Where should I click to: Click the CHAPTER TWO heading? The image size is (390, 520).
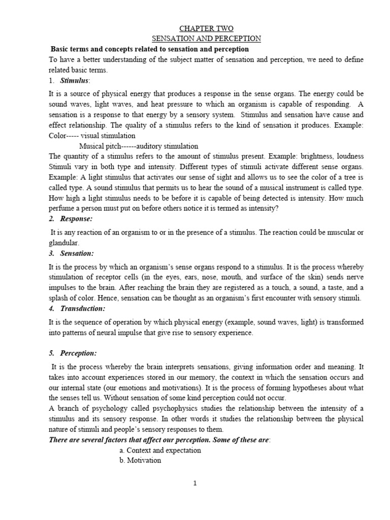[207, 28]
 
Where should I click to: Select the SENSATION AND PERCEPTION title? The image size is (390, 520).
[207, 39]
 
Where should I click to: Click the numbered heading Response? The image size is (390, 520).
[77, 218]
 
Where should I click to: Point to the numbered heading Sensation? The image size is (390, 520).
[77, 253]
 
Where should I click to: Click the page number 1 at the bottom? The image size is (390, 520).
[195, 483]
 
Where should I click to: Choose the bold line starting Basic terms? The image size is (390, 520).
[149, 49]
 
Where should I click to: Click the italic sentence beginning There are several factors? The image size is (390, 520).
[160, 440]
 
